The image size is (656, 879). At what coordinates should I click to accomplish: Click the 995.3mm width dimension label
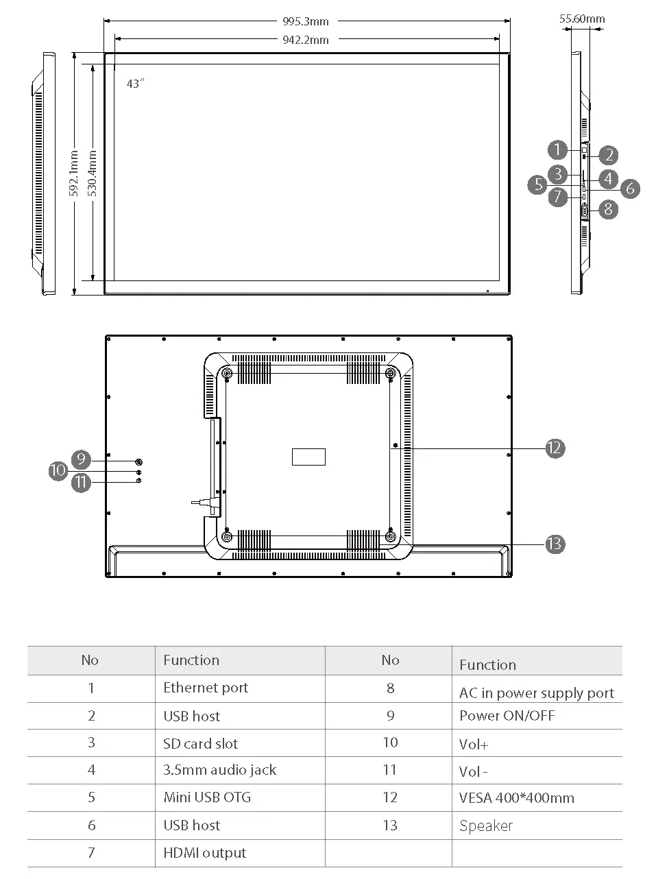click(306, 21)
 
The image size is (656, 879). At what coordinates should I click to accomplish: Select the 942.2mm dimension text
click(306, 40)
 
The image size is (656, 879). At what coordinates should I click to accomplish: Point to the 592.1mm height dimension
click(74, 173)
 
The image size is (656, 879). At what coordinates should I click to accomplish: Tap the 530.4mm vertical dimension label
click(93, 173)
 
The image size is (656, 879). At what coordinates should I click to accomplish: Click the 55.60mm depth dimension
click(581, 19)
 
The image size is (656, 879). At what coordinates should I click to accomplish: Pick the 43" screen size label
click(136, 84)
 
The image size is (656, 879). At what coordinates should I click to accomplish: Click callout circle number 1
click(557, 149)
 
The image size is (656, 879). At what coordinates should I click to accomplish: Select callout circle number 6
click(630, 188)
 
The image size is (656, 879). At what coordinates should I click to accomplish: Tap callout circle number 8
click(608, 209)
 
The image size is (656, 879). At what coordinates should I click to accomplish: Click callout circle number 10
click(58, 470)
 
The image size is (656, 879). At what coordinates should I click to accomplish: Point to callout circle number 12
click(555, 448)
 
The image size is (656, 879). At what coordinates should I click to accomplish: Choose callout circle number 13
click(555, 544)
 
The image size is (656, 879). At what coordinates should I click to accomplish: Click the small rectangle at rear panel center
click(308, 457)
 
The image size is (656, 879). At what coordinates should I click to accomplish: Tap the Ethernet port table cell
click(206, 688)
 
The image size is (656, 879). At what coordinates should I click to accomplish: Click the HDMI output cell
click(204, 853)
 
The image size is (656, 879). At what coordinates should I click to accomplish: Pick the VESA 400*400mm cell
click(517, 798)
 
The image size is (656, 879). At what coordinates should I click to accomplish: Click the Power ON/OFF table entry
click(507, 716)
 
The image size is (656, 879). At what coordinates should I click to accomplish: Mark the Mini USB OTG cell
click(207, 797)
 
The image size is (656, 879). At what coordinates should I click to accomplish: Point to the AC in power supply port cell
click(537, 693)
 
